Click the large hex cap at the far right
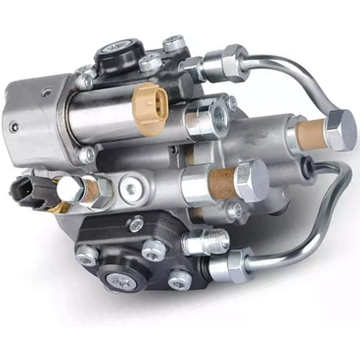[x=341, y=130]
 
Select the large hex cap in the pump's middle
[x=251, y=181]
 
